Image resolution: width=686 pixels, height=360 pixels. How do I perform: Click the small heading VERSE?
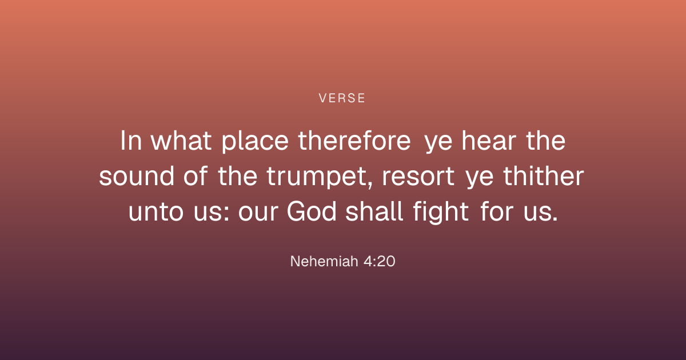(x=342, y=98)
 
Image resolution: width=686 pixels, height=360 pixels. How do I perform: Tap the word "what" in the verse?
(x=181, y=141)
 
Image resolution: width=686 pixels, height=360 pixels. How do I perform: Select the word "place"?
(x=255, y=142)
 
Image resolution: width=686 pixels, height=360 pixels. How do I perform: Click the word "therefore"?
(x=354, y=141)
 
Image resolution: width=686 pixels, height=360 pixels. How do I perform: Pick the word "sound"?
(x=137, y=176)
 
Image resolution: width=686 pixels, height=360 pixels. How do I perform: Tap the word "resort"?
(x=418, y=177)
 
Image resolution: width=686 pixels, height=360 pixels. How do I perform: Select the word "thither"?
(x=544, y=176)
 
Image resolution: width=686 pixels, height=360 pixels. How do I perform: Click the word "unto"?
(x=156, y=212)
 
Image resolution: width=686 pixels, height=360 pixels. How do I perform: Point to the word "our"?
(x=258, y=212)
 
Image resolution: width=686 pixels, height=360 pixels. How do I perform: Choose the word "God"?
(x=312, y=211)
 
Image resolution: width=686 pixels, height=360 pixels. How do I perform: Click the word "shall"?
(x=374, y=211)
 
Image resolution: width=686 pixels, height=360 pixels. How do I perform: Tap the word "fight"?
(x=441, y=213)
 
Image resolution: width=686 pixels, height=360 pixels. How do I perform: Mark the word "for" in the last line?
(x=496, y=211)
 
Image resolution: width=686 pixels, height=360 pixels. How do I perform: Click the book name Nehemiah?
(x=324, y=262)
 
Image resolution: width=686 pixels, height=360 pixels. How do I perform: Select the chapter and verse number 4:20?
(x=380, y=262)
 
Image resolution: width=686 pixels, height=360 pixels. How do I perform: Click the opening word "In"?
(x=131, y=141)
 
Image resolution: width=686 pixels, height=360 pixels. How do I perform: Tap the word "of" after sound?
(x=196, y=176)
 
